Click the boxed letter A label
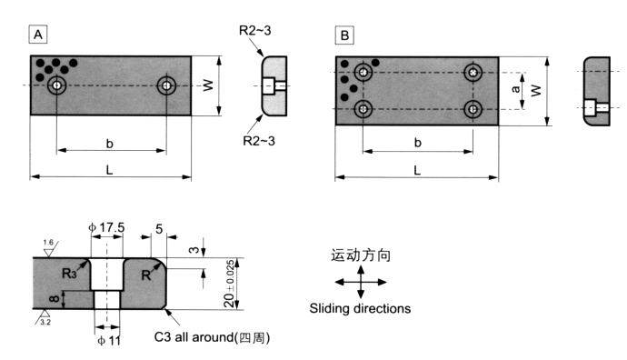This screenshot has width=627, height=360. click(x=38, y=35)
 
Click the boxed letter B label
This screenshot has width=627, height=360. click(x=344, y=35)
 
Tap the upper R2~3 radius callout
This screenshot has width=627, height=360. click(x=254, y=30)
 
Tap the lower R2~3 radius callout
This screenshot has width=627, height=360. click(x=259, y=141)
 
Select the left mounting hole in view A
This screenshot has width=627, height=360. click(x=56, y=85)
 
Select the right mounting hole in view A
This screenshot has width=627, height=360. click(x=166, y=85)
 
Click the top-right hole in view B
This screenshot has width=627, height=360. click(x=473, y=73)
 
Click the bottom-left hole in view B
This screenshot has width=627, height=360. click(x=363, y=109)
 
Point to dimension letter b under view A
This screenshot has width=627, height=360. click(x=110, y=144)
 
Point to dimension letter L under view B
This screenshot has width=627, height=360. click(x=417, y=170)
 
